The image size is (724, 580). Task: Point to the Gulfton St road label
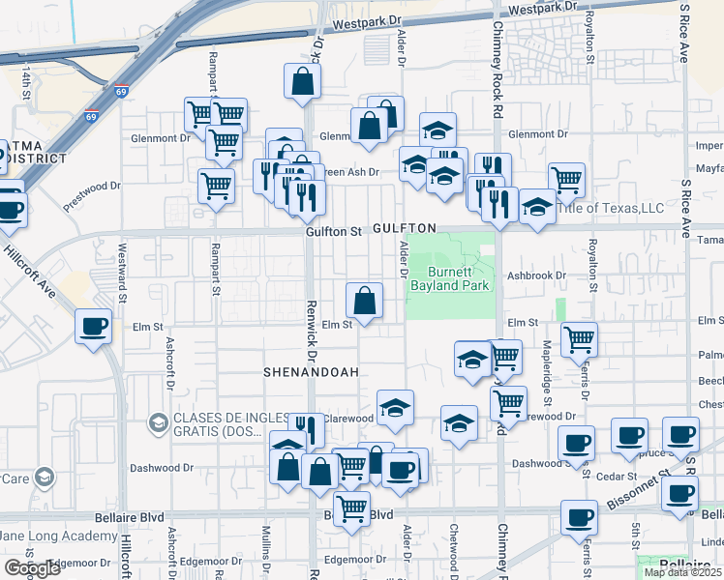click(333, 232)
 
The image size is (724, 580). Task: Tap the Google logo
click(32, 568)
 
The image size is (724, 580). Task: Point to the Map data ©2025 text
click(681, 572)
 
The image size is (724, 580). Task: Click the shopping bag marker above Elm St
click(364, 301)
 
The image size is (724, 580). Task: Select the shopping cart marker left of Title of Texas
click(566, 179)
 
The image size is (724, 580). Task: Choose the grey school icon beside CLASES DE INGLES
click(157, 422)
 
